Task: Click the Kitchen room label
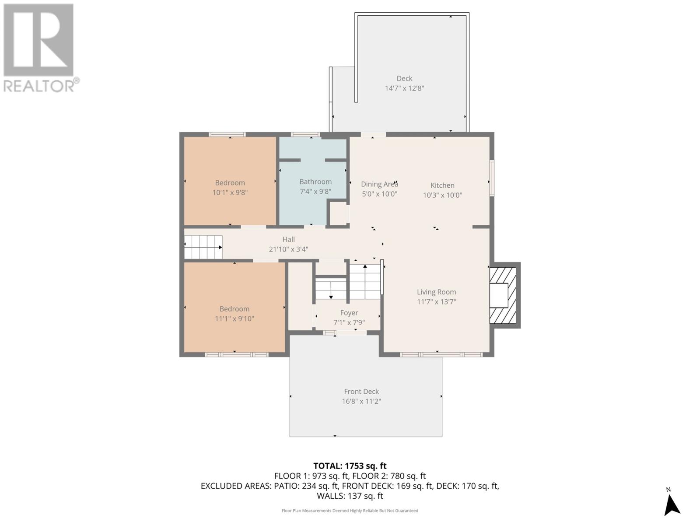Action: tap(442, 185)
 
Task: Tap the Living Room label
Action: tap(436, 292)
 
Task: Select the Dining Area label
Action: tap(379, 184)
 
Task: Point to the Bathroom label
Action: tap(315, 182)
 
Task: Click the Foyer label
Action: tap(349, 313)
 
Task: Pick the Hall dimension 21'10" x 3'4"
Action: tap(288, 249)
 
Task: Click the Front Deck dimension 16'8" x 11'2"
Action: tap(361, 401)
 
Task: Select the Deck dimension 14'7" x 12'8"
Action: tap(404, 88)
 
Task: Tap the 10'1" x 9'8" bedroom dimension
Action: tap(230, 192)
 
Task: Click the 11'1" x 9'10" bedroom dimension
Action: tap(234, 319)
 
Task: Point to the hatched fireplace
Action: tap(503, 295)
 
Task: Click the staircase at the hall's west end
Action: tap(203, 247)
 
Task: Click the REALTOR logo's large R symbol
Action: tap(38, 40)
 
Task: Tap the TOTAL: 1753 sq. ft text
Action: tap(350, 466)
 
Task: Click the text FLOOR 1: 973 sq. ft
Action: tap(311, 476)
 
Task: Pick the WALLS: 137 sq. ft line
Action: tap(350, 496)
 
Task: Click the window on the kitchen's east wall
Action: tap(492, 178)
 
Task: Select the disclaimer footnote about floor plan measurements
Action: tap(350, 511)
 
